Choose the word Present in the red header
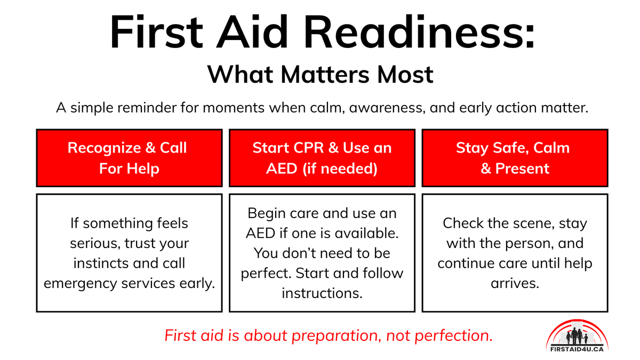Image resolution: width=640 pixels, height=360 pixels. click(522, 169)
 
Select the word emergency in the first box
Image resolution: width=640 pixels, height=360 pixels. click(81, 283)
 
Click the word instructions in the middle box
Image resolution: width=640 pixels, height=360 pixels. click(322, 293)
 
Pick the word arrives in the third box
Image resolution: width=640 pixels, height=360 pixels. click(515, 283)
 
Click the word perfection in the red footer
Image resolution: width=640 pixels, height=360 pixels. click(455, 336)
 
